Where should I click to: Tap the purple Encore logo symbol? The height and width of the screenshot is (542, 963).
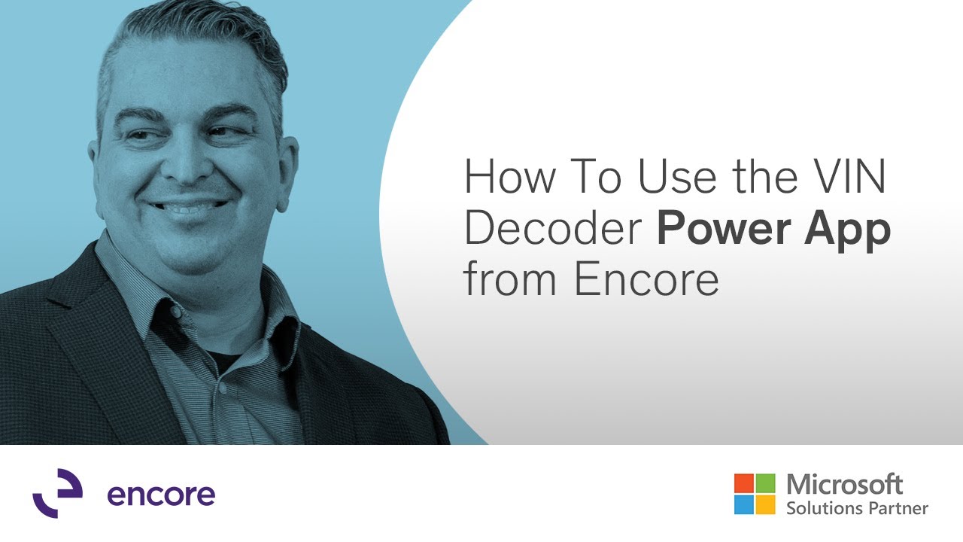point(57,493)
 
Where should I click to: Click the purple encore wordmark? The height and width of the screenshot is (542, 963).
point(161,495)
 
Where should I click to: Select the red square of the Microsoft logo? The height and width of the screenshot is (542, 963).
point(743,483)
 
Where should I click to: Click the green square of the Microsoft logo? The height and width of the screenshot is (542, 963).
point(765,483)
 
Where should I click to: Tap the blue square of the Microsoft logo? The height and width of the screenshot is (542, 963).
point(743,504)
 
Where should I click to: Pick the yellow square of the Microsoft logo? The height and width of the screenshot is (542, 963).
point(765,504)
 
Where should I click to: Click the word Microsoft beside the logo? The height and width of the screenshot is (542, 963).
point(844,484)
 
